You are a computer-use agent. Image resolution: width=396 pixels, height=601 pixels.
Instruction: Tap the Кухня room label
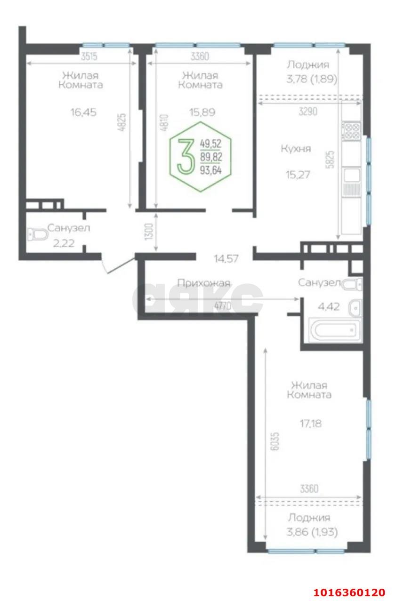point(296,149)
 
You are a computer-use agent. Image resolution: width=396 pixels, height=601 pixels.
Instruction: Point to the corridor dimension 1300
point(149,232)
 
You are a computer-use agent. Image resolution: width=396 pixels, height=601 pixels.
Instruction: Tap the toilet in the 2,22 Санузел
point(38,234)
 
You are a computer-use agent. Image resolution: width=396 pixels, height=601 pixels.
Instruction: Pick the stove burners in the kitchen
point(352,130)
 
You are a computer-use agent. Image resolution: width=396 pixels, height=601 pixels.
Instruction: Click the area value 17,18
point(310,423)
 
